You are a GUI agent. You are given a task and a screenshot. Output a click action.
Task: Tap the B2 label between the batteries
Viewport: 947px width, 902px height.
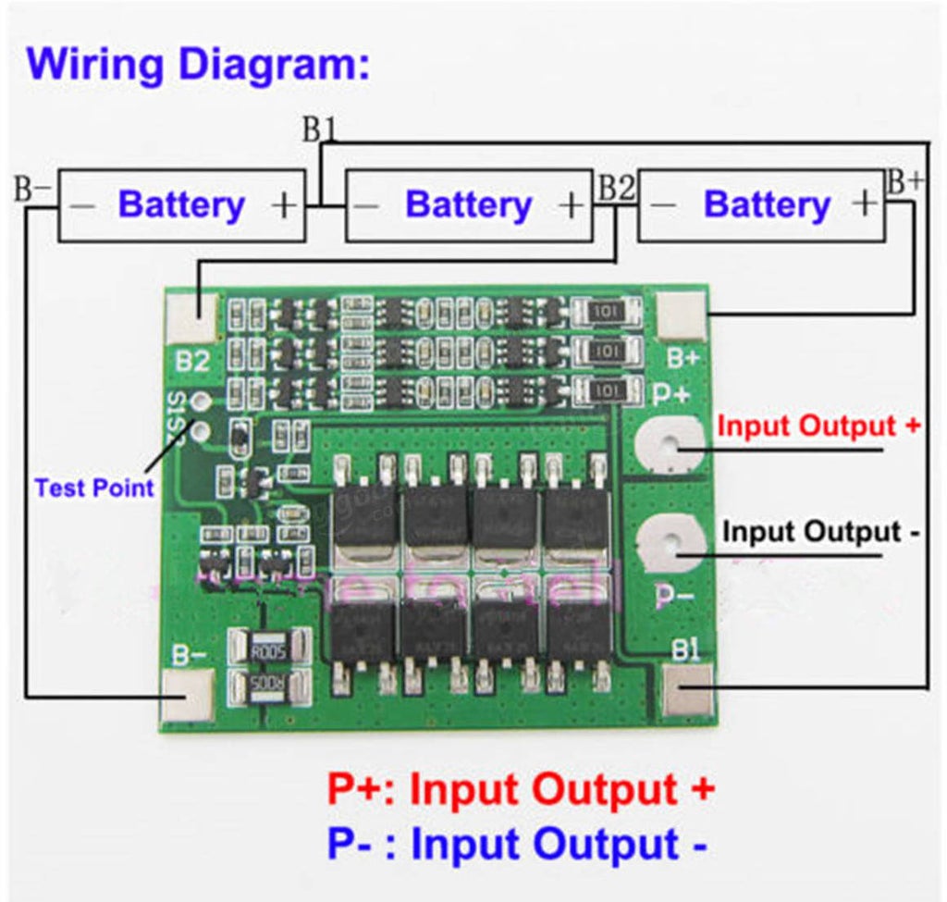[x=617, y=190]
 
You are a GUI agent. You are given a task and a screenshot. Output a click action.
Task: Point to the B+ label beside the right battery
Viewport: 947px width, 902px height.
[x=904, y=182]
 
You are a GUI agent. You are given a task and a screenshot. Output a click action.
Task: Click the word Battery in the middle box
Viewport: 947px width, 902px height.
[x=468, y=205]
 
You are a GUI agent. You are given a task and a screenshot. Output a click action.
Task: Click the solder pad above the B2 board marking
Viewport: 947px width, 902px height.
[x=192, y=318]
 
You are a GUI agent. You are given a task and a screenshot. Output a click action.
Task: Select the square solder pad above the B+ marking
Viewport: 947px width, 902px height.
[x=681, y=315]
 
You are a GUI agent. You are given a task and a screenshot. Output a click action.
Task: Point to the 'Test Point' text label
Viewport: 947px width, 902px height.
[x=93, y=488]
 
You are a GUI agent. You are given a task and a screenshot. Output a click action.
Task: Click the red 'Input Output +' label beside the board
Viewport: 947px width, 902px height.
[x=819, y=426]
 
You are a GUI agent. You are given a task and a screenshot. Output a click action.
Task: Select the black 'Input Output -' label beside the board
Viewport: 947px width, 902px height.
[x=820, y=532]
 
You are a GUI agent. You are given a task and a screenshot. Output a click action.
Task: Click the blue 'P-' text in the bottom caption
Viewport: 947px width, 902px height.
[x=351, y=845]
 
